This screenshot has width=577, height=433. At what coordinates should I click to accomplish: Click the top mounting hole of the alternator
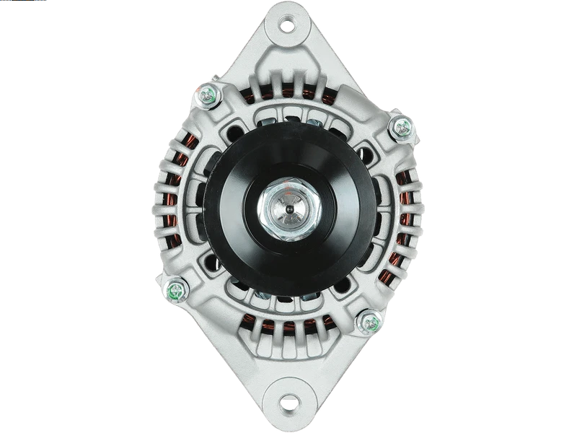287,25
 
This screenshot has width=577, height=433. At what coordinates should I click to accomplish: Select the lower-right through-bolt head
371,322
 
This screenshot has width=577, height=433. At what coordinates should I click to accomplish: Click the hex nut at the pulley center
288,210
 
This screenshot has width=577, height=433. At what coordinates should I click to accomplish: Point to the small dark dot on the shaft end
288,210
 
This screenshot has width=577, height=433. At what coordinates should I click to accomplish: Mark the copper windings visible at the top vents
288,97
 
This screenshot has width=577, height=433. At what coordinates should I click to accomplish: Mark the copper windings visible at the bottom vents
288,328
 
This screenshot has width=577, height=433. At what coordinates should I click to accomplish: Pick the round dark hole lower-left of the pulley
213,261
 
